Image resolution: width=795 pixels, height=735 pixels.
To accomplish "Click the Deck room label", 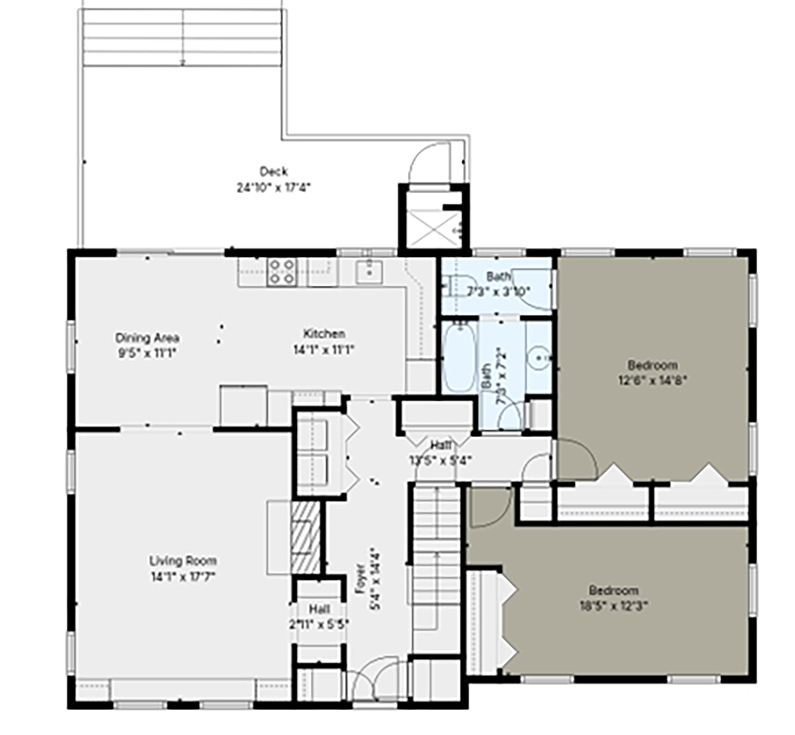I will pyautogui.click(x=274, y=171).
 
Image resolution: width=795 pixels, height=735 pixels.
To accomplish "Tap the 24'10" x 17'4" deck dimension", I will pyautogui.click(x=274, y=187).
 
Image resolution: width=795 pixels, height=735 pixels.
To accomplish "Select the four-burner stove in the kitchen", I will pyautogui.click(x=282, y=272).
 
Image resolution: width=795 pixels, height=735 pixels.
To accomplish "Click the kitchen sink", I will pyautogui.click(x=368, y=272).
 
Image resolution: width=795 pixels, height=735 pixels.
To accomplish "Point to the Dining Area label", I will pyautogui.click(x=147, y=338).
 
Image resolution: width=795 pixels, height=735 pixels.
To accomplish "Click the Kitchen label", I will pyautogui.click(x=324, y=334).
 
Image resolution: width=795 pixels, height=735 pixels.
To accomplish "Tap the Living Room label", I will pyautogui.click(x=183, y=560).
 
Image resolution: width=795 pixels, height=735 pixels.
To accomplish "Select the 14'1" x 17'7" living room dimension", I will pyautogui.click(x=183, y=577).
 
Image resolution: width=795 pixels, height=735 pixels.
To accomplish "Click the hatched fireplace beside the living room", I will pyautogui.click(x=305, y=537).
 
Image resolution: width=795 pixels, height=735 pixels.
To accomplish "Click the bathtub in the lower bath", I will pyautogui.click(x=460, y=357).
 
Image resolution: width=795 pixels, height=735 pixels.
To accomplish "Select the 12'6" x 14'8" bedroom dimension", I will pyautogui.click(x=652, y=380).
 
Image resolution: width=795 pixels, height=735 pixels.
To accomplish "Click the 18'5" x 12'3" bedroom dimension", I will pyautogui.click(x=613, y=605).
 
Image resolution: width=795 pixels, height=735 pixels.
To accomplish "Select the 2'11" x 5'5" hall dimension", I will pyautogui.click(x=319, y=624).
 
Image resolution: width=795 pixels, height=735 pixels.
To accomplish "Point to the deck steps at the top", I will pyautogui.click(x=182, y=37).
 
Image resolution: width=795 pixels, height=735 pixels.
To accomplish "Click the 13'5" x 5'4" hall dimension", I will pyautogui.click(x=440, y=459).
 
